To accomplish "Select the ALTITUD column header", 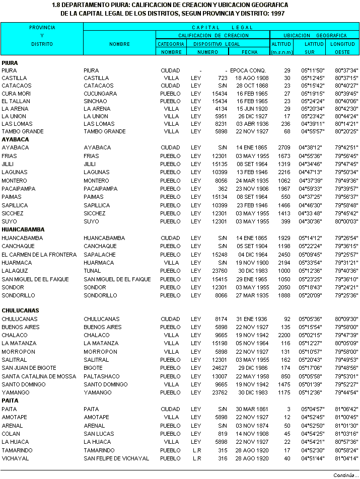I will coord(281,44).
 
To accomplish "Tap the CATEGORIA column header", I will coord(171,44).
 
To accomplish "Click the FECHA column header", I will coord(249,52).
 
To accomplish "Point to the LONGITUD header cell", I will coord(342,44).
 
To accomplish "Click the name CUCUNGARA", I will coord(100,94).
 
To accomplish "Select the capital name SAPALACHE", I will coord(99,255).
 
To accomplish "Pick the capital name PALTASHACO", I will coord(101,376).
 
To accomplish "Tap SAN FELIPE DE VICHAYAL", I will coord(116,458).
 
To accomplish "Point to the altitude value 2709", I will coord(284,147).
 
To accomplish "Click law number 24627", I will coord(221,368).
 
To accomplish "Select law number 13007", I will coord(221,376).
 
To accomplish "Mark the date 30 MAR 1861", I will coord(249,409).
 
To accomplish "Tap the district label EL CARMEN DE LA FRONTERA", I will coord(39,255).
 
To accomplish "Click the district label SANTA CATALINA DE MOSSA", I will coord(39,376).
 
